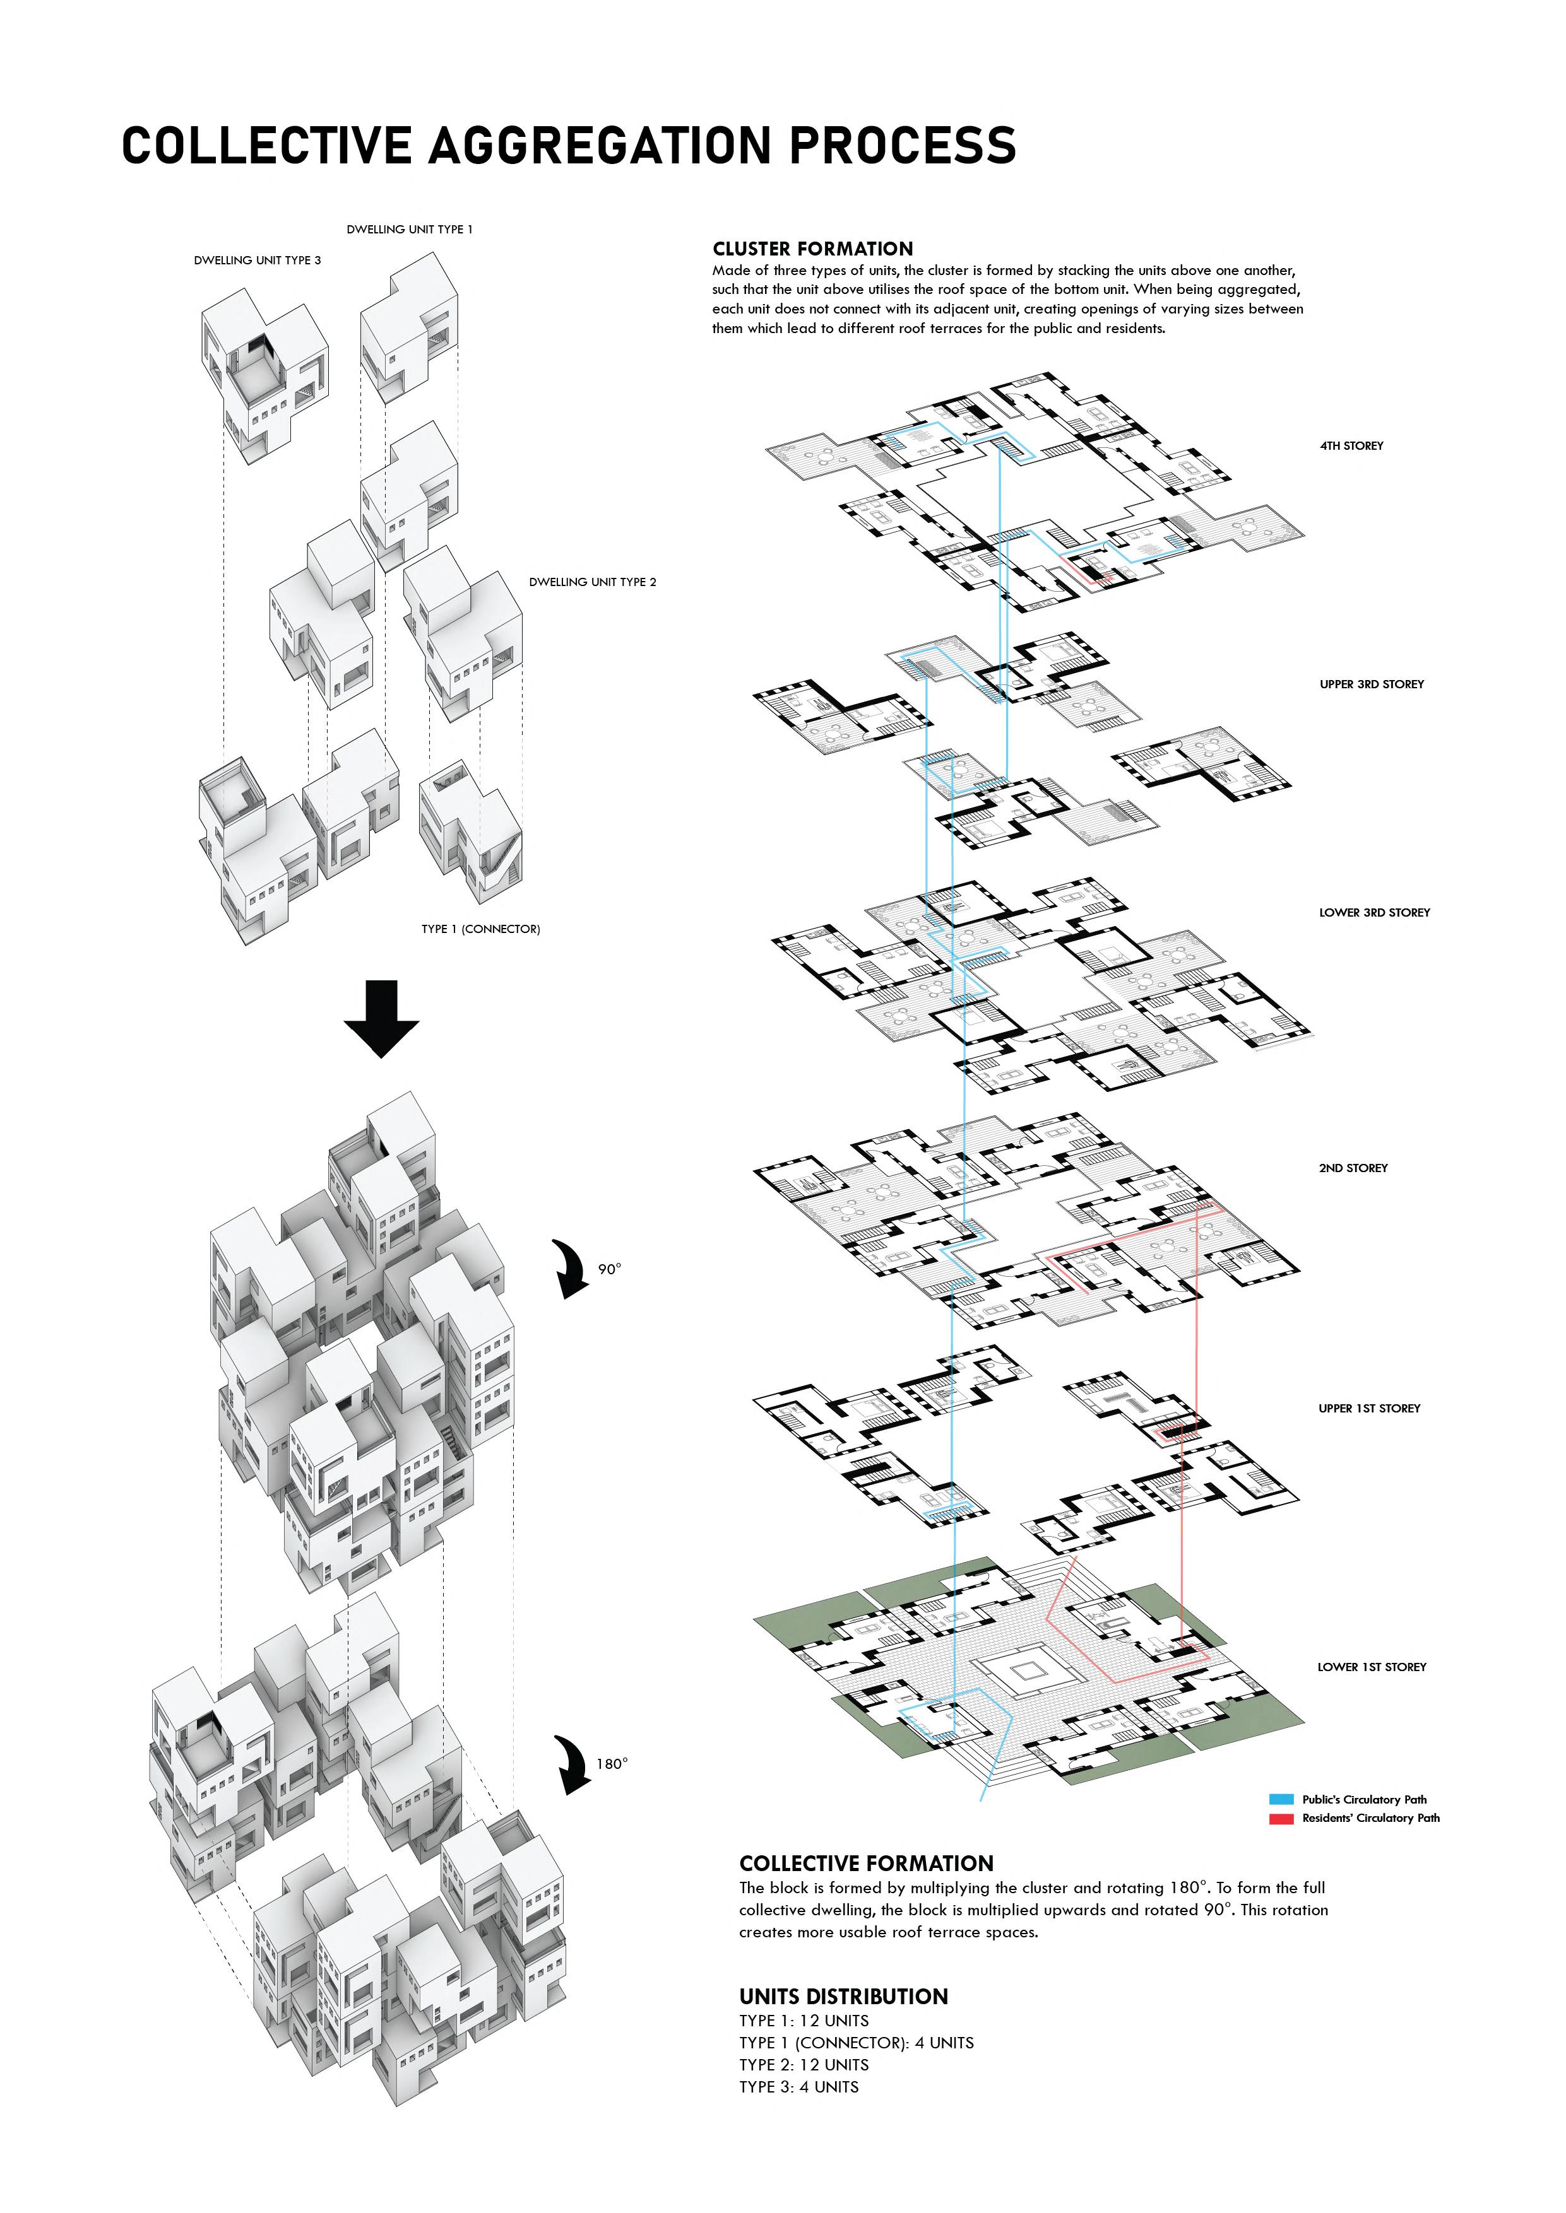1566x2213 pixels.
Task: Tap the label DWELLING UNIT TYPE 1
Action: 410,230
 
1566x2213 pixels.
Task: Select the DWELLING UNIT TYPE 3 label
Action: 258,261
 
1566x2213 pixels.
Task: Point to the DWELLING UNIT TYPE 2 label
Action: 592,582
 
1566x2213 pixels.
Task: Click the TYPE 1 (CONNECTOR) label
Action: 480,929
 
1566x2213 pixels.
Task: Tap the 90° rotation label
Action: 610,1269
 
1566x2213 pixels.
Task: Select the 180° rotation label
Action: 612,1764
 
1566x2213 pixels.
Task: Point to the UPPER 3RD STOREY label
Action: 1371,684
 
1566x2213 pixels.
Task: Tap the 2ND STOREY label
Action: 1353,1168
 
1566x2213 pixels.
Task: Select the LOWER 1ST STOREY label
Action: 1371,1667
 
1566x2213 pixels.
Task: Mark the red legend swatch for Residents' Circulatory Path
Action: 1281,1819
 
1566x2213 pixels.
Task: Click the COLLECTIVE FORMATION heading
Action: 866,1864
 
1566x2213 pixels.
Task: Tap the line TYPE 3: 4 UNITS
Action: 798,2087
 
